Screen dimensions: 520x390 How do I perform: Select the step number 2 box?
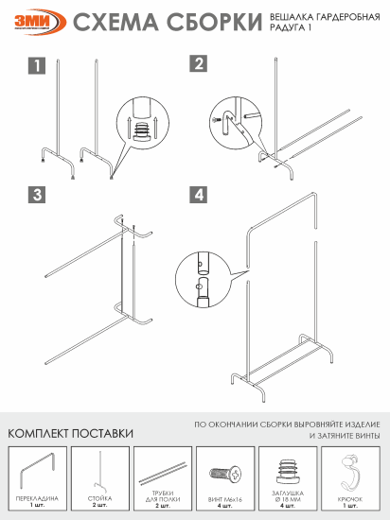[199, 64]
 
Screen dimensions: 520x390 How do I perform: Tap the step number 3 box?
[36, 195]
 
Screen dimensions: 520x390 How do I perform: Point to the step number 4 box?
[199, 195]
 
